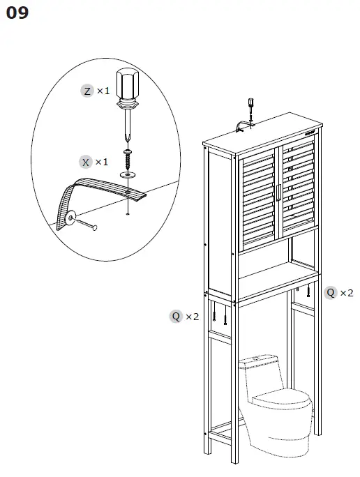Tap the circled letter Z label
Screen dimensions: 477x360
[87, 91]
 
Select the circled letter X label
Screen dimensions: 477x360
[86, 162]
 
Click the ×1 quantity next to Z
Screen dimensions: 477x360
[103, 91]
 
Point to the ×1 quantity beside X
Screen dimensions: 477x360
[102, 162]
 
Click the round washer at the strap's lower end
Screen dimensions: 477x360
[71, 220]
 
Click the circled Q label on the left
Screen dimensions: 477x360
[177, 317]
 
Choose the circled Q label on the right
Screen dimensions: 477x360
[331, 292]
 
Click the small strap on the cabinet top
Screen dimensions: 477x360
[241, 127]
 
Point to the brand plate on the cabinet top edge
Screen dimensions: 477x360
[309, 132]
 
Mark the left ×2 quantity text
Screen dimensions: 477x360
[193, 317]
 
